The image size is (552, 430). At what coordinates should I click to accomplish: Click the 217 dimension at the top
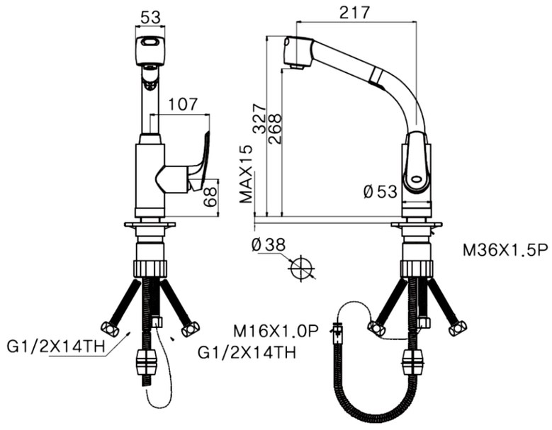355,13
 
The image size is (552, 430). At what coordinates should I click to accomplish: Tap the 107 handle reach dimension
183,105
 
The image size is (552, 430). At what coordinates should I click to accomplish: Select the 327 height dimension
260,118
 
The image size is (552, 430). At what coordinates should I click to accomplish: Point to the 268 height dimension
275,129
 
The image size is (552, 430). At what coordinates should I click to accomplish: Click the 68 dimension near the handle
210,197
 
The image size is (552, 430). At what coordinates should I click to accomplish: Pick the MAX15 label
246,174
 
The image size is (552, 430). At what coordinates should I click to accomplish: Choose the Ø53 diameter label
381,192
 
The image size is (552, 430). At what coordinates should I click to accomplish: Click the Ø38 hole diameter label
269,245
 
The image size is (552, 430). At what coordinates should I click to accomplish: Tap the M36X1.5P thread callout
505,251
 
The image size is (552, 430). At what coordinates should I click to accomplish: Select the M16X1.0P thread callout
276,331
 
